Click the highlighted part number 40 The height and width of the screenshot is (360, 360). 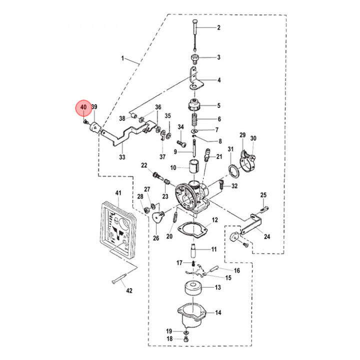pyautogui.click(x=83, y=107)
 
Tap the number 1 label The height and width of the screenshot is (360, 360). pyautogui.click(x=122, y=58)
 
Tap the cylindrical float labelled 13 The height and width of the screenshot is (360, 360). pyautogui.click(x=192, y=288)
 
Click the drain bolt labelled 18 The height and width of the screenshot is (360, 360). pyautogui.click(x=186, y=339)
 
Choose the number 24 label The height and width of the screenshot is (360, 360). pyautogui.click(x=266, y=237)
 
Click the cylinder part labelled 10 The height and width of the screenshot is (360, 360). pyautogui.click(x=193, y=167)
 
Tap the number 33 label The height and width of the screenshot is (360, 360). pyautogui.click(x=122, y=157)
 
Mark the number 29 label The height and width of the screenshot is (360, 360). pyautogui.click(x=242, y=135)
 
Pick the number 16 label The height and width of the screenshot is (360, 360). pyautogui.click(x=236, y=270)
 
